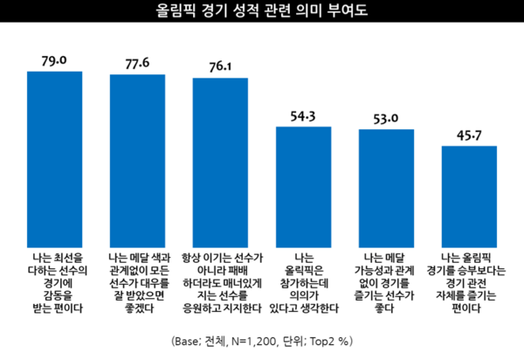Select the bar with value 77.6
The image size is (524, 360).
pyautogui.click(x=137, y=159)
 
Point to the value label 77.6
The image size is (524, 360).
pyautogui.click(x=137, y=62)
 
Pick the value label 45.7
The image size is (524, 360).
pyautogui.click(x=469, y=135)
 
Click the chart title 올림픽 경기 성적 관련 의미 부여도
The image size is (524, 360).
pyautogui.click(x=262, y=12)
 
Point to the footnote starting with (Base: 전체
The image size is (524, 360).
pyautogui.click(x=261, y=339)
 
